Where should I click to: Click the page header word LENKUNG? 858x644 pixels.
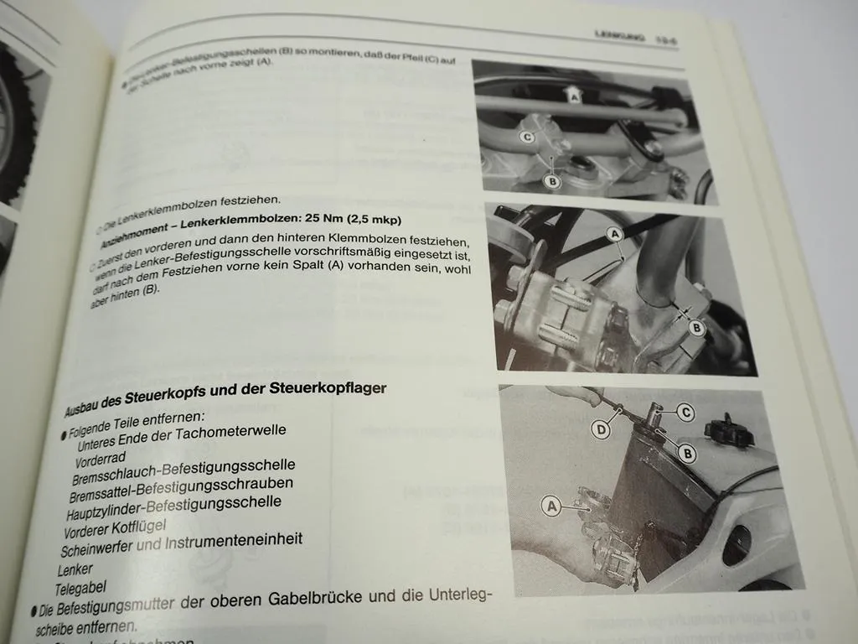click(618, 36)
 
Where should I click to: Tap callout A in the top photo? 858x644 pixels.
click(574, 96)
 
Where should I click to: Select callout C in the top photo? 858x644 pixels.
click(528, 137)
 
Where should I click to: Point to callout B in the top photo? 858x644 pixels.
click(552, 180)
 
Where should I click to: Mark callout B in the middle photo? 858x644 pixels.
click(696, 328)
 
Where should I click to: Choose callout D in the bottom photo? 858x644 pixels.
click(599, 430)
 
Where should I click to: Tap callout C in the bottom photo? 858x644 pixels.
click(685, 412)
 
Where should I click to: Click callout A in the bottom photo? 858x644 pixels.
click(550, 505)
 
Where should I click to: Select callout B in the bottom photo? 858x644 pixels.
click(688, 454)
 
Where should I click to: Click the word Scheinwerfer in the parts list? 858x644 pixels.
click(98, 548)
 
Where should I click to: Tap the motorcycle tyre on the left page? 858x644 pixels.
click(17, 126)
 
